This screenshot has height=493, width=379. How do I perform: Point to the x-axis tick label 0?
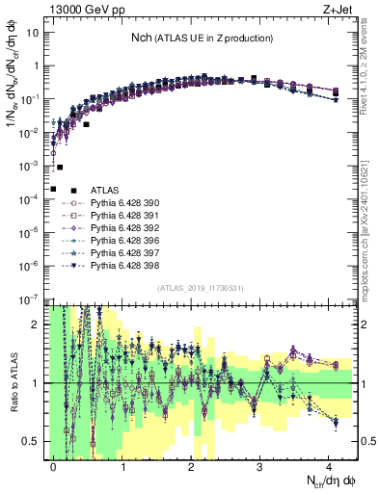54,464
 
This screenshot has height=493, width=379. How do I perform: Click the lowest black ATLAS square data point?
54,189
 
